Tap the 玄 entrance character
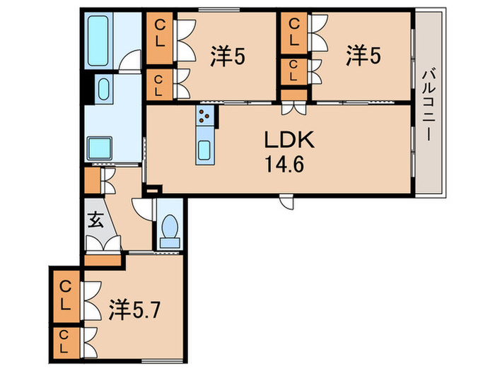click(95, 220)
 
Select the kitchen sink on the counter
click(204, 151)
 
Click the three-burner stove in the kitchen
click(204, 115)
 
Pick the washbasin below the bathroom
click(103, 89)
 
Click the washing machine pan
click(101, 149)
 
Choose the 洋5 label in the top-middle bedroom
click(228, 54)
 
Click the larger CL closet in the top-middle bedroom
click(161, 33)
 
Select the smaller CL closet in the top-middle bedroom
click(159, 84)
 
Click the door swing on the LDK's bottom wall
click(286, 201)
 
